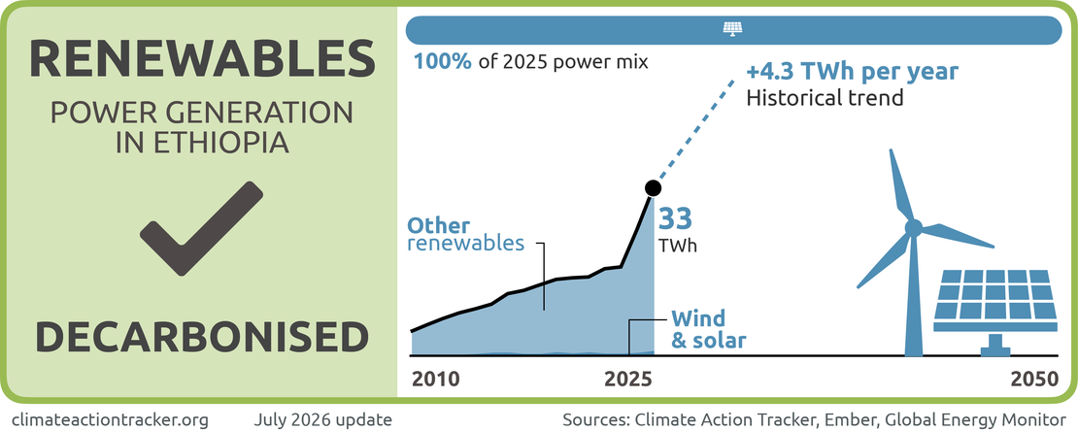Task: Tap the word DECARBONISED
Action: click(202, 337)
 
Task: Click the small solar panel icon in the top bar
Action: click(733, 29)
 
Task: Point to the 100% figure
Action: click(443, 62)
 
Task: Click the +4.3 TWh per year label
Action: click(853, 72)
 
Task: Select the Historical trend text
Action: click(825, 98)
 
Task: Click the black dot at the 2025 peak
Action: click(653, 187)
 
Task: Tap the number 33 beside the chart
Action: click(675, 218)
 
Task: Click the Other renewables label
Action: click(466, 235)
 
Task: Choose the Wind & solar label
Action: click(708, 328)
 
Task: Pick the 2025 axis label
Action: click(628, 381)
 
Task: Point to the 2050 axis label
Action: click(1035, 381)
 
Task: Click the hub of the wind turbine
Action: click(913, 227)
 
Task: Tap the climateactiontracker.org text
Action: click(110, 418)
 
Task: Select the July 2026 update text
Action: click(323, 418)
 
